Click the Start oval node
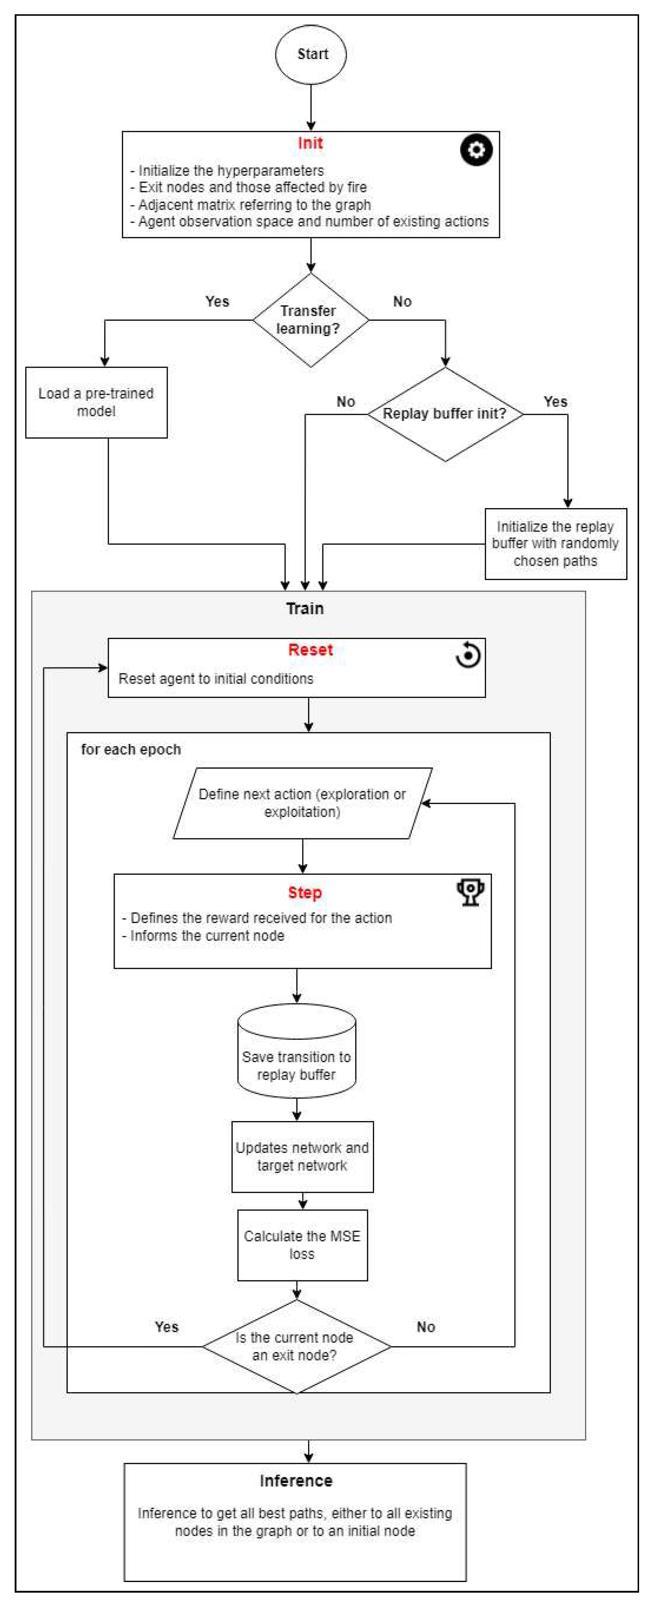[311, 54]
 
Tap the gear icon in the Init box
[476, 150]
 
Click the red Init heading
[310, 143]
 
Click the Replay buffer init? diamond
[444, 414]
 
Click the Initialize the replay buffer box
[555, 544]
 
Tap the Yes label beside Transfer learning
[217, 301]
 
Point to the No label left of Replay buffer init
[346, 402]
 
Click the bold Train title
[305, 609]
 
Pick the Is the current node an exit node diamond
[296, 1346]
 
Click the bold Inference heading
[296, 1481]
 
